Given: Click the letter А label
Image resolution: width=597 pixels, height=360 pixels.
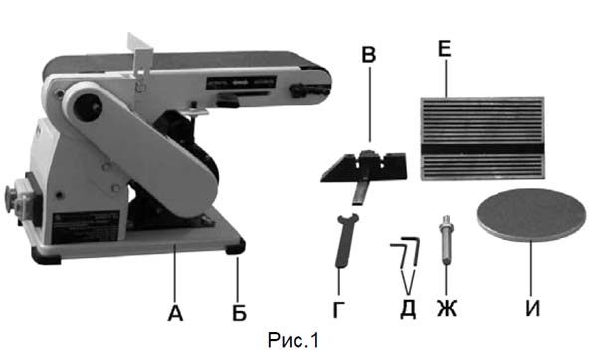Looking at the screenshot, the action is pyautogui.click(x=175, y=313).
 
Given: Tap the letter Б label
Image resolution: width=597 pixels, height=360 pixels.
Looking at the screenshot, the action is pyautogui.click(x=239, y=313).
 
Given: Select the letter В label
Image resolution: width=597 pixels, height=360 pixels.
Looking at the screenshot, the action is pyautogui.click(x=368, y=54).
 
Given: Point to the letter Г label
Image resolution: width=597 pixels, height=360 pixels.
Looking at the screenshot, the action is pyautogui.click(x=339, y=310).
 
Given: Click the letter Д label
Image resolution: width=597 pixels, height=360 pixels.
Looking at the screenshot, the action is pyautogui.click(x=408, y=310).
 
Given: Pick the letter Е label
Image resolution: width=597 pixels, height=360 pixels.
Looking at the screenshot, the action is pyautogui.click(x=445, y=49).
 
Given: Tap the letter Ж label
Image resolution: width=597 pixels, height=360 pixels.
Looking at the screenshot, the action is pyautogui.click(x=446, y=309).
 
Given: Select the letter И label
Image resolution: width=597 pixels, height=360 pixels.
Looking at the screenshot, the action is pyautogui.click(x=533, y=309).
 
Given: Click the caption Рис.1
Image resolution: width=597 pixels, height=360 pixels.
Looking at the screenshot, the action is pyautogui.click(x=294, y=340).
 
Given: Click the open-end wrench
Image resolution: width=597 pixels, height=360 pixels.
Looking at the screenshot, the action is pyautogui.click(x=346, y=240).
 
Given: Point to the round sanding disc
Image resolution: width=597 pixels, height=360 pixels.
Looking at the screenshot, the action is pyautogui.click(x=530, y=215).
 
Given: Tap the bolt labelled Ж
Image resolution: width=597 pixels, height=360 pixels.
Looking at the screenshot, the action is pyautogui.click(x=446, y=239).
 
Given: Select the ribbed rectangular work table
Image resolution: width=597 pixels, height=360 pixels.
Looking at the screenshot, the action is pyautogui.click(x=483, y=138).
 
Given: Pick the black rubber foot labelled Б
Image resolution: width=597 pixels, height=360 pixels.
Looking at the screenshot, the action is pyautogui.click(x=236, y=247).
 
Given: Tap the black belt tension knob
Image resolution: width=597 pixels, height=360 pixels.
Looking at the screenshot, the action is pyautogui.click(x=309, y=91).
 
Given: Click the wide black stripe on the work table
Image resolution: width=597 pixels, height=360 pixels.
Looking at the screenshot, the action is pyautogui.click(x=483, y=149).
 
